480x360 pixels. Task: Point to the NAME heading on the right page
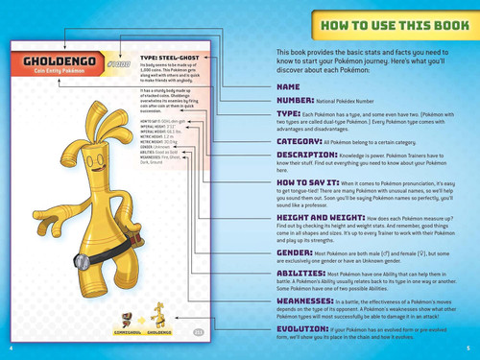pyautogui.click(x=289, y=86)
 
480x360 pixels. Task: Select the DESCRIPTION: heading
pyautogui.click(x=306, y=154)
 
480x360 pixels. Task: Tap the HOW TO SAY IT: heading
pyautogui.click(x=305, y=181)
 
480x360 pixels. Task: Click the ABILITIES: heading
pyautogui.click(x=300, y=273)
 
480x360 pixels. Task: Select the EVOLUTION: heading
pyautogui.click(x=303, y=328)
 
